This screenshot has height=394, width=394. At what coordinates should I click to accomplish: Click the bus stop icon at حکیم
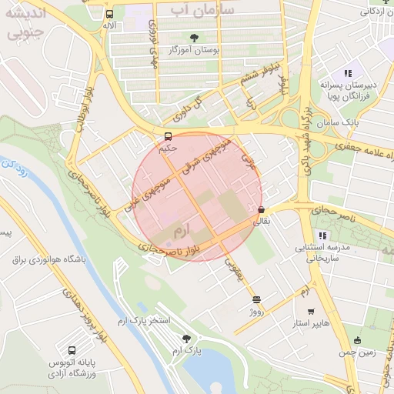[168, 137]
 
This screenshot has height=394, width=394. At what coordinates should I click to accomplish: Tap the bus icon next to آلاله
[109, 14]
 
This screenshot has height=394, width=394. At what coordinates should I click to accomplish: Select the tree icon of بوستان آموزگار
[193, 37]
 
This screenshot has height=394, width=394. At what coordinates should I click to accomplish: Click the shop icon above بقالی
[262, 209]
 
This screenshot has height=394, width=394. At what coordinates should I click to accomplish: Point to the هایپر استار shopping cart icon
[310, 312]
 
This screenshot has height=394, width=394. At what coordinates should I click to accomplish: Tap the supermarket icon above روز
[256, 299]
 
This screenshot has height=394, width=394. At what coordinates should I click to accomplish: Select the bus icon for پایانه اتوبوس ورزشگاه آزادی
[72, 349]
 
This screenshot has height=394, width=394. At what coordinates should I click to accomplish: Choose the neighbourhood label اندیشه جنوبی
[25, 22]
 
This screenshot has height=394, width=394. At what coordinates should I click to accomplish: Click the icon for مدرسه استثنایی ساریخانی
[322, 235]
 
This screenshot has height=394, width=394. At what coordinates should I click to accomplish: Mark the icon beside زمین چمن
[357, 340]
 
